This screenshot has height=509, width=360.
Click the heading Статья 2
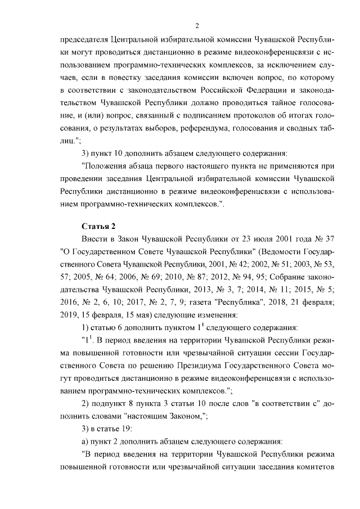tap(98, 226)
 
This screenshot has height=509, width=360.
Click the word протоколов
tap(222, 117)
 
